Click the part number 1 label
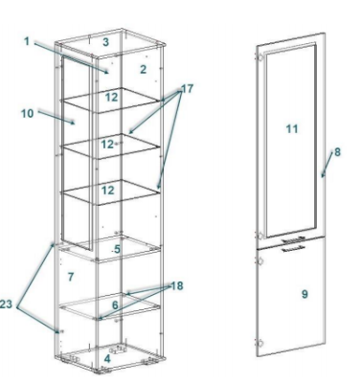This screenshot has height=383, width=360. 27,41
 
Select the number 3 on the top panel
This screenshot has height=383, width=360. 106,42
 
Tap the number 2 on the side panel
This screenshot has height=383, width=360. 144,69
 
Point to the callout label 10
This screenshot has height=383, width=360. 28,113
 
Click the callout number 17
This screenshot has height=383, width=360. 188,88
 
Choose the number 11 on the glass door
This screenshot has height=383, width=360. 292,129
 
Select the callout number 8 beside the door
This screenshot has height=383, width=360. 337,152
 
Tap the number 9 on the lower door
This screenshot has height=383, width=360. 304,294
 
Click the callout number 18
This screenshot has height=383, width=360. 177,286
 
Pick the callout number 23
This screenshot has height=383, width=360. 6,304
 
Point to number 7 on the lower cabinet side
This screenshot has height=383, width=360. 71,277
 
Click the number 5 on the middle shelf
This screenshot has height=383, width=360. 117,249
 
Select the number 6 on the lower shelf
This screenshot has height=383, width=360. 115,305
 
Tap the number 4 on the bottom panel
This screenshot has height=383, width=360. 107,359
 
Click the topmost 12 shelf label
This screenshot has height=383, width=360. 111,97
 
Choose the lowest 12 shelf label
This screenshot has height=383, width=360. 108,191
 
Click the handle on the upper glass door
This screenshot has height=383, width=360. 294,239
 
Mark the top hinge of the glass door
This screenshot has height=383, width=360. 259,57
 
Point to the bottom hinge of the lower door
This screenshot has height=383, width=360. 259,344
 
